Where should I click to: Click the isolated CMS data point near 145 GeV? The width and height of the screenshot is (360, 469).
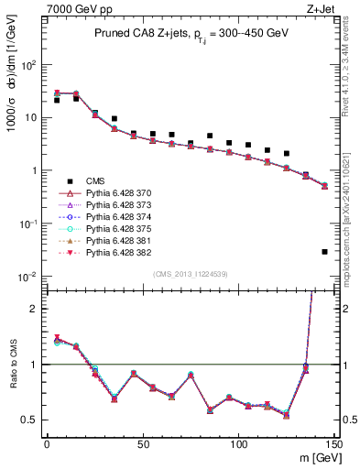click(x=324, y=251)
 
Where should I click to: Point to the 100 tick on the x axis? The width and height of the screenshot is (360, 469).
click(x=238, y=443)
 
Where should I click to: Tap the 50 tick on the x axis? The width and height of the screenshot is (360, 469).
click(x=142, y=443)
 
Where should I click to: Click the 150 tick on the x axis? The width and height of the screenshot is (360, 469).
click(x=333, y=443)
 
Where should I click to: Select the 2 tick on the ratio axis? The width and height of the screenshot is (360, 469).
click(x=33, y=309)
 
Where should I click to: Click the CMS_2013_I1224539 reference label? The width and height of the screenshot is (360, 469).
click(x=190, y=273)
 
